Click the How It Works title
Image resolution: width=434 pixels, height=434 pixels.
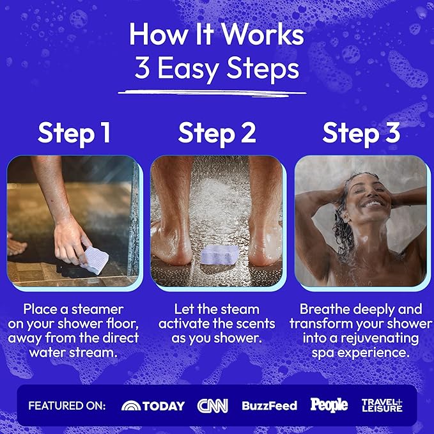coord(217,34)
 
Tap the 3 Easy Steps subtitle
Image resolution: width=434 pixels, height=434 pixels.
coord(217,68)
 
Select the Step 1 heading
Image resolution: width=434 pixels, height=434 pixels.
coord(74,134)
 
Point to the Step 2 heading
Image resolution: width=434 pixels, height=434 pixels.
coord(217,134)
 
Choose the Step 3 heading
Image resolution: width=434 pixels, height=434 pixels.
coord(361,134)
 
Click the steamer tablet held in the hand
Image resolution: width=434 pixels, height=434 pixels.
coord(95,260)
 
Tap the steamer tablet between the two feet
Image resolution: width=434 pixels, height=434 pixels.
coord(220,254)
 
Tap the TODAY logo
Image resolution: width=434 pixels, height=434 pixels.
coord(153,406)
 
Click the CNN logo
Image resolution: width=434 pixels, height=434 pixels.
coord(213,406)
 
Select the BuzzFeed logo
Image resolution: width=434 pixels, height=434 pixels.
coord(269,406)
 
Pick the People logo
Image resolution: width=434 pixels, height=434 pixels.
coord(329,405)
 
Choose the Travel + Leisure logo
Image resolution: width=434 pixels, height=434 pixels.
coord(382,405)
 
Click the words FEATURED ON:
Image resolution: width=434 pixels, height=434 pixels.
coord(67,406)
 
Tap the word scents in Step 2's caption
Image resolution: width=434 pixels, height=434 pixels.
coord(256,324)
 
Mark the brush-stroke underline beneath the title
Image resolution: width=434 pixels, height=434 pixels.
coord(212,93)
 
